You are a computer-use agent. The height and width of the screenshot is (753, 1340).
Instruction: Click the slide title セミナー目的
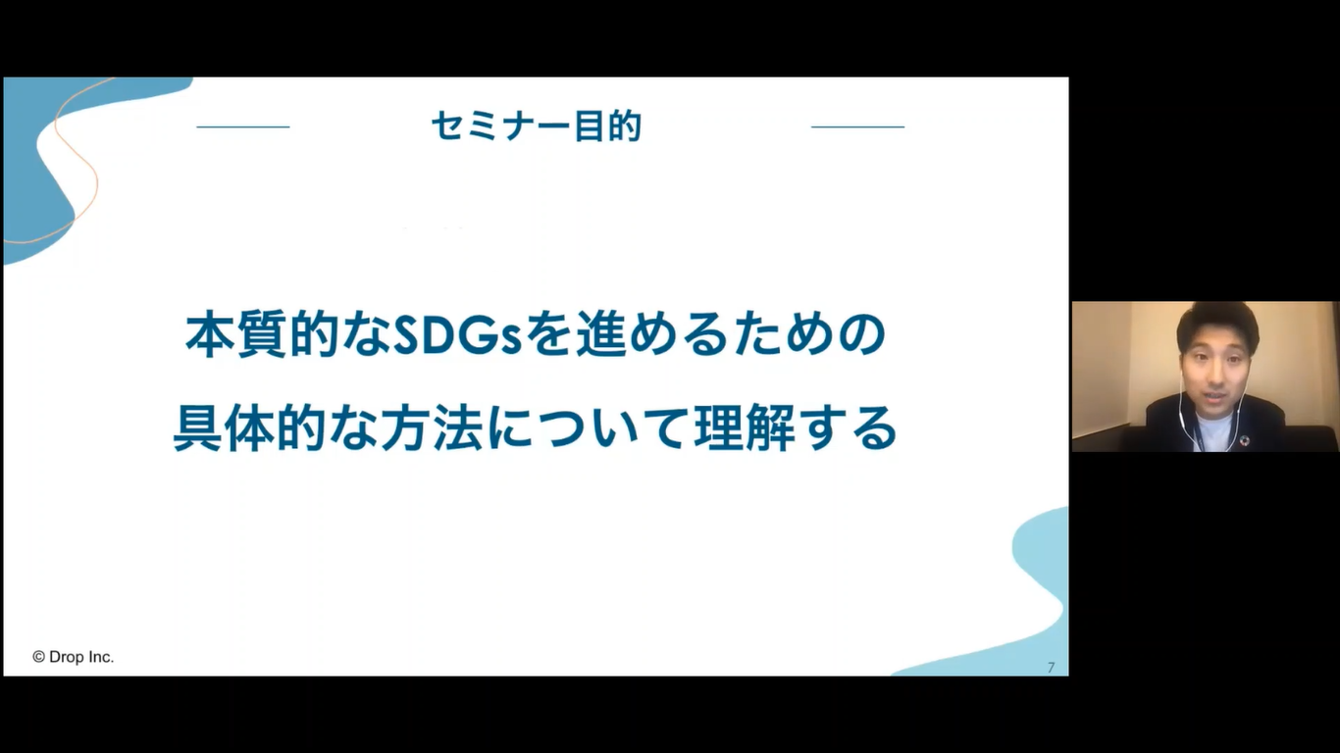tap(536, 126)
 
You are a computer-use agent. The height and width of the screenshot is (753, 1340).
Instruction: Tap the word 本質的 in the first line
tap(262, 335)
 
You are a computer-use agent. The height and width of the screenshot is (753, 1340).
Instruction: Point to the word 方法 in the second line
tap(432, 428)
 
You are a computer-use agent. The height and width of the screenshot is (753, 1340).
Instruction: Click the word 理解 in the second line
tap(745, 428)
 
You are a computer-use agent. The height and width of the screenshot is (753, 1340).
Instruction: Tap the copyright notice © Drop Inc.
tap(73, 657)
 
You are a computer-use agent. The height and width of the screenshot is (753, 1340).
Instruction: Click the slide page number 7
tap(1051, 667)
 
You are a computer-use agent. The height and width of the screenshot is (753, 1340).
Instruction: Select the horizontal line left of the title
tap(243, 126)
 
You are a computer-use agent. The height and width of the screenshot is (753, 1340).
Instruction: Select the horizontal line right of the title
tap(857, 126)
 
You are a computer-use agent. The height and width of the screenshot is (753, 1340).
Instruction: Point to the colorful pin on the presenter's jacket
tap(1244, 441)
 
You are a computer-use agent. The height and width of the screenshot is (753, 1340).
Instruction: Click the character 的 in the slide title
tap(625, 126)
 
